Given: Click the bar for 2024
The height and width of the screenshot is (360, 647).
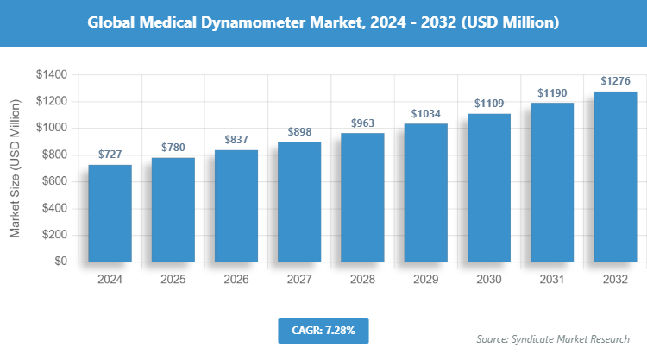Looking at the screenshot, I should click(110, 213).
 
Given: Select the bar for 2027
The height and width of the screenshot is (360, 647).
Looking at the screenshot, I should click(299, 202).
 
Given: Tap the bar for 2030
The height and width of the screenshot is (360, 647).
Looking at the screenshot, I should click(488, 187).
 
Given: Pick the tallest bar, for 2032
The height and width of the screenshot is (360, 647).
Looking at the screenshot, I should click(614, 176).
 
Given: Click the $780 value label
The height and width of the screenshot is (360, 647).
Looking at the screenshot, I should click(173, 148).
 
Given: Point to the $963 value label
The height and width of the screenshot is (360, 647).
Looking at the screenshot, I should click(362, 123).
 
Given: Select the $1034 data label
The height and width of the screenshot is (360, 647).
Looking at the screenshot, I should click(425, 114).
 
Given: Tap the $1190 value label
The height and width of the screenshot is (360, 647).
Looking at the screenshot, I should click(551, 92).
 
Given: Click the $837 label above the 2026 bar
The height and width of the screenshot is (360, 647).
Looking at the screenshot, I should click(236, 140).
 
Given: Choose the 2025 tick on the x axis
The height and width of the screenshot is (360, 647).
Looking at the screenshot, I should click(173, 280).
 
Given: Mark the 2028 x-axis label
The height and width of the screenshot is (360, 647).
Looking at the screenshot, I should click(362, 280).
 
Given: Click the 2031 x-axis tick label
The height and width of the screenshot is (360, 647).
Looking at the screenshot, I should click(551, 280).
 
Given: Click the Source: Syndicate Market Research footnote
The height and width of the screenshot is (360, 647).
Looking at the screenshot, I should click(553, 338).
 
